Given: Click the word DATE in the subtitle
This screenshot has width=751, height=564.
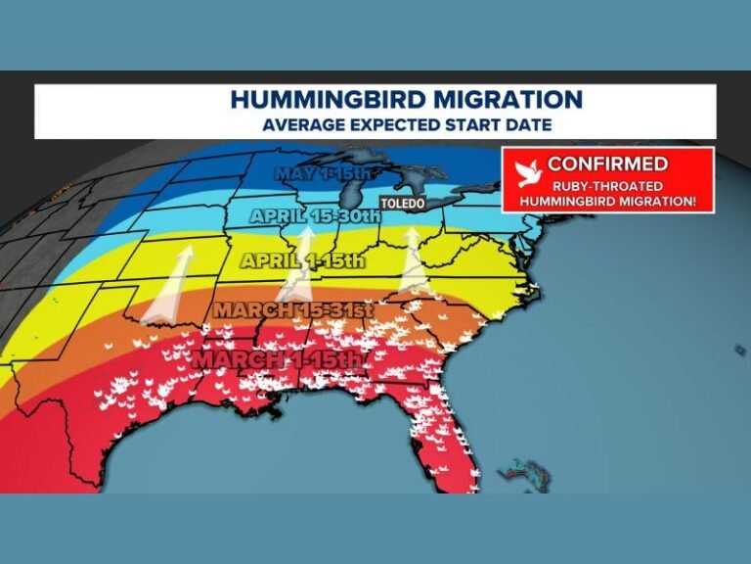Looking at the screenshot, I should (529, 125).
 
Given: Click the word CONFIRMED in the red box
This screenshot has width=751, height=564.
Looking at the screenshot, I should (607, 164).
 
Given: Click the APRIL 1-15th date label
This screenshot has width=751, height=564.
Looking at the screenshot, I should (302, 261).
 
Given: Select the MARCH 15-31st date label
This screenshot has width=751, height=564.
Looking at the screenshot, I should (294, 310).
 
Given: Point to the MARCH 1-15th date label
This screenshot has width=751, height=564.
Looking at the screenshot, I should (279, 359).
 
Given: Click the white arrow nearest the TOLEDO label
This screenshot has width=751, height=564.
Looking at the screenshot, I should (414, 262).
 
